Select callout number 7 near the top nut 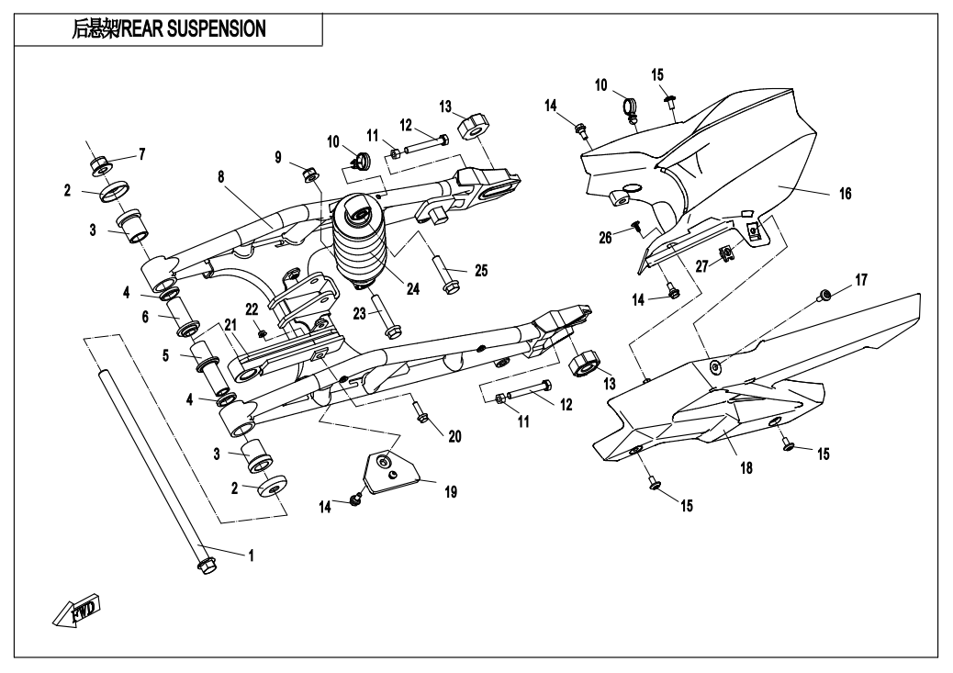coord(141,151)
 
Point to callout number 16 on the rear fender coord(845,194)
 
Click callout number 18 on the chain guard coord(746,467)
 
